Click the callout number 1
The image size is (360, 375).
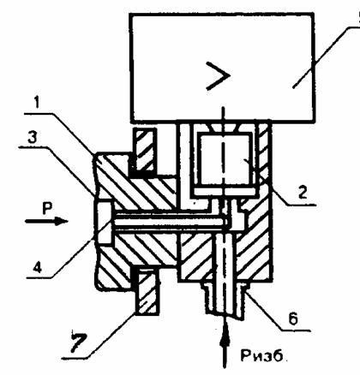pos(37,103)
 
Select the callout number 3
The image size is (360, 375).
pos(33,138)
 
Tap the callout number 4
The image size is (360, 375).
pos(37,268)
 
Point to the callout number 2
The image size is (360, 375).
pos(303,193)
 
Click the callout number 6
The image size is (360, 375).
pos(293,318)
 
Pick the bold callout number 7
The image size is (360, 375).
pos(79,342)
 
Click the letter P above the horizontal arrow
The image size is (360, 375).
pos(47,208)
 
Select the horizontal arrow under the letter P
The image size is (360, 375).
pos(46,221)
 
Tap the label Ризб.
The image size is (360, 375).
pos(262,356)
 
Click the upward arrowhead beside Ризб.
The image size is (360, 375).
pos(225,336)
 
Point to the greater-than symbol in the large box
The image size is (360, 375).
pos(218,75)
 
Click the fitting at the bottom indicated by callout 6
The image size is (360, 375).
pos(225,300)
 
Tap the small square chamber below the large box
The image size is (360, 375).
pos(226,160)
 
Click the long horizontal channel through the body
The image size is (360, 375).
pos(170,223)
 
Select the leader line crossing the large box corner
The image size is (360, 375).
pos(326,57)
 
